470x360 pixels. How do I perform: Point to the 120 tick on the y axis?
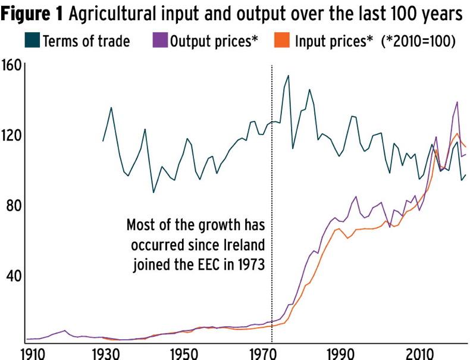click(x=12, y=134)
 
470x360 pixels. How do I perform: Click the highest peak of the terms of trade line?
click(x=289, y=76)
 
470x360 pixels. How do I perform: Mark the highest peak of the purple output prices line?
click(x=457, y=102)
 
